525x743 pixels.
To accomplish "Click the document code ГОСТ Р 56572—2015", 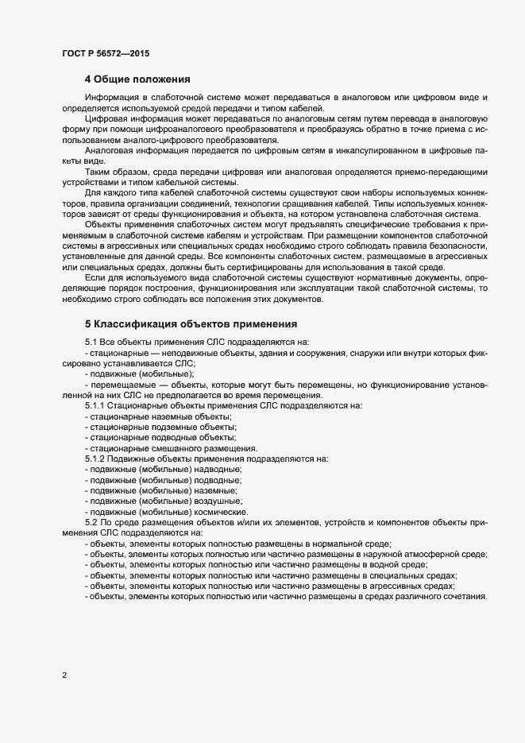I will coord(105,52).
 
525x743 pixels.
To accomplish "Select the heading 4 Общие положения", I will coord(137,79).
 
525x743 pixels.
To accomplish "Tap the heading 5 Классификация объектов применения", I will coord(191,323).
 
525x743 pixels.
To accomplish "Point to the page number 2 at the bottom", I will coord(64,675).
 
